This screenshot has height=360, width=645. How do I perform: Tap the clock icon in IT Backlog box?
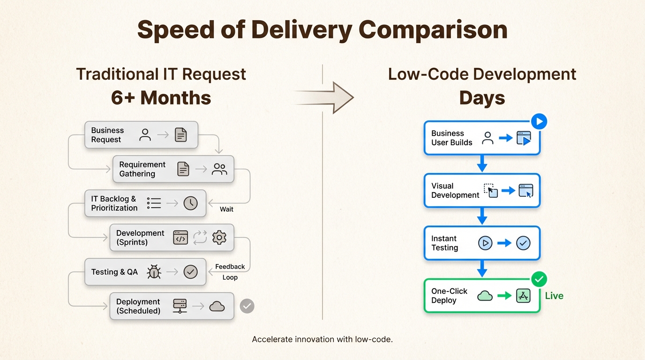(x=190, y=203)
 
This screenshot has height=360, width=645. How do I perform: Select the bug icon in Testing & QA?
(x=154, y=272)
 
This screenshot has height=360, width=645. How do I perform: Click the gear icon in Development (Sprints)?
(x=219, y=238)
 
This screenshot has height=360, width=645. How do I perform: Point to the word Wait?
(x=226, y=209)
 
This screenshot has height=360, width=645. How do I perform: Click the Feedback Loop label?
(x=230, y=272)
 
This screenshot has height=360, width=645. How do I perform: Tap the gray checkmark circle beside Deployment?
(x=247, y=306)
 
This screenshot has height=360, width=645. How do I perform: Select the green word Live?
(x=554, y=296)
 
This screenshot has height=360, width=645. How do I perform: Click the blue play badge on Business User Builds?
(x=539, y=122)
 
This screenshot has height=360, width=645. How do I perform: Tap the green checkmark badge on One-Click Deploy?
(x=539, y=280)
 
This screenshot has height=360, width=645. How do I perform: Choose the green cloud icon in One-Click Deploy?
(x=485, y=296)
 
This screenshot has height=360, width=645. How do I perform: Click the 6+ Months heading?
(x=161, y=97)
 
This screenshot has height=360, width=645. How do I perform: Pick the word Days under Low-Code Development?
(x=482, y=97)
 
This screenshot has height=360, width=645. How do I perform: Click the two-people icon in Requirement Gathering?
(x=219, y=169)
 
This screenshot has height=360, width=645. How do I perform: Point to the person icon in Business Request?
(x=145, y=135)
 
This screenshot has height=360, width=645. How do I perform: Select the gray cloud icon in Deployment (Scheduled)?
(x=217, y=306)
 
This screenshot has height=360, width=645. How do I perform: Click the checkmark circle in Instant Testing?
(x=523, y=243)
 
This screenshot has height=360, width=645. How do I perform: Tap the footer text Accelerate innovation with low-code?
(x=322, y=339)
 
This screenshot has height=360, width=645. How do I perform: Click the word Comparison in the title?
(x=433, y=30)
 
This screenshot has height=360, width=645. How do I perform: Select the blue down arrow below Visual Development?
(x=482, y=217)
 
